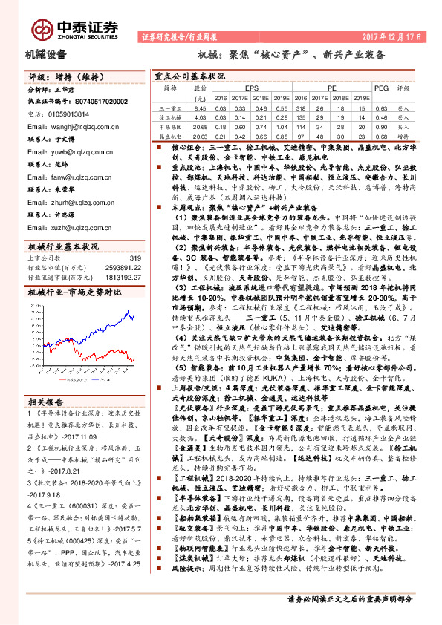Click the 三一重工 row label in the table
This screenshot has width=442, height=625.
[170, 108]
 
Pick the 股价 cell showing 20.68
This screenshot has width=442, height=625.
[199, 127]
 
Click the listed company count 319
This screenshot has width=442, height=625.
[134, 259]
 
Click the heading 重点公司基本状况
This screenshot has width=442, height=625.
[189, 76]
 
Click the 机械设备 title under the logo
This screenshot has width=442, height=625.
[45, 55]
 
